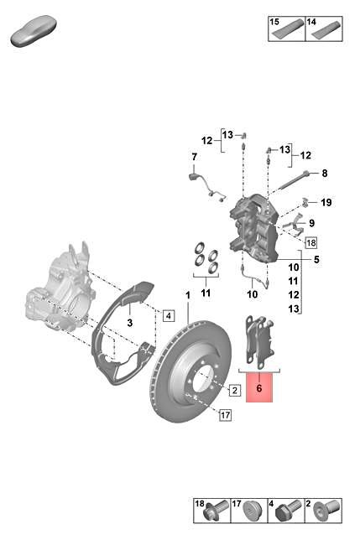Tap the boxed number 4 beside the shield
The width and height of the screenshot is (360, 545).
168,316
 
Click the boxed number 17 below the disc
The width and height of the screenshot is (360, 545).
225,414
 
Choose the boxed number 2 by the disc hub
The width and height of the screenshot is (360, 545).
235,390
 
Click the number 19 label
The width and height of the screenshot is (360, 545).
326,203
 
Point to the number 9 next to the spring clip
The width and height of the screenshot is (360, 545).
310,223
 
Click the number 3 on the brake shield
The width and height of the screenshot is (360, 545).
130,322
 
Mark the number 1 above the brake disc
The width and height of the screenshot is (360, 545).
188,295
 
